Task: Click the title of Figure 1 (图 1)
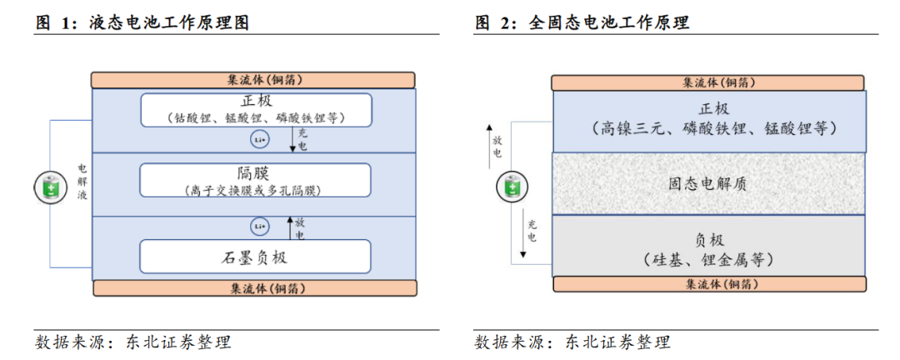tap(142, 23)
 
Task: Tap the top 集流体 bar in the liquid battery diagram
tap(253, 80)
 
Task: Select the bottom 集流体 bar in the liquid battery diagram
tap(254, 288)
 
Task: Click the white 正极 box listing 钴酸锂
tap(255, 109)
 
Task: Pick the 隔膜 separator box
tap(255, 180)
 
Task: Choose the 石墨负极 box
tap(255, 257)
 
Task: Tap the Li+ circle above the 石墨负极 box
tap(259, 226)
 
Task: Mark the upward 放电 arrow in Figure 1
tap(291, 224)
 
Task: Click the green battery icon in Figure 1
tap(48, 187)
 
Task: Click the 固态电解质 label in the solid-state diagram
tap(707, 184)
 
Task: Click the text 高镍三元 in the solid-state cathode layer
tap(633, 128)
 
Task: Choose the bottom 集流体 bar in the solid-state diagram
tap(707, 284)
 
